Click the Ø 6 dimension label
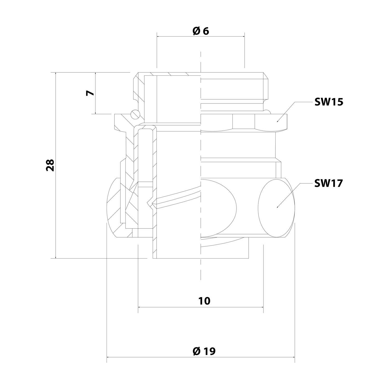pyautogui.click(x=201, y=31)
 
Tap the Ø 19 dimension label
pyautogui.click(x=204, y=351)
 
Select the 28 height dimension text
pyautogui.click(x=50, y=165)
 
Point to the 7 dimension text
pyautogui.click(x=90, y=93)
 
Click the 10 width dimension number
pyautogui.click(x=204, y=301)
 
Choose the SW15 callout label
pyautogui.click(x=329, y=102)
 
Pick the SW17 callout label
pyautogui.click(x=329, y=183)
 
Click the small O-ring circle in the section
pyautogui.click(x=135, y=114)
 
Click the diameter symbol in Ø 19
pyautogui.click(x=197, y=351)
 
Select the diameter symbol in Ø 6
pyautogui.click(x=196, y=31)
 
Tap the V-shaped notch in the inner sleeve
pyautogui.click(x=150, y=202)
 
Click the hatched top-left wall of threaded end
pyautogui.click(x=137, y=86)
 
